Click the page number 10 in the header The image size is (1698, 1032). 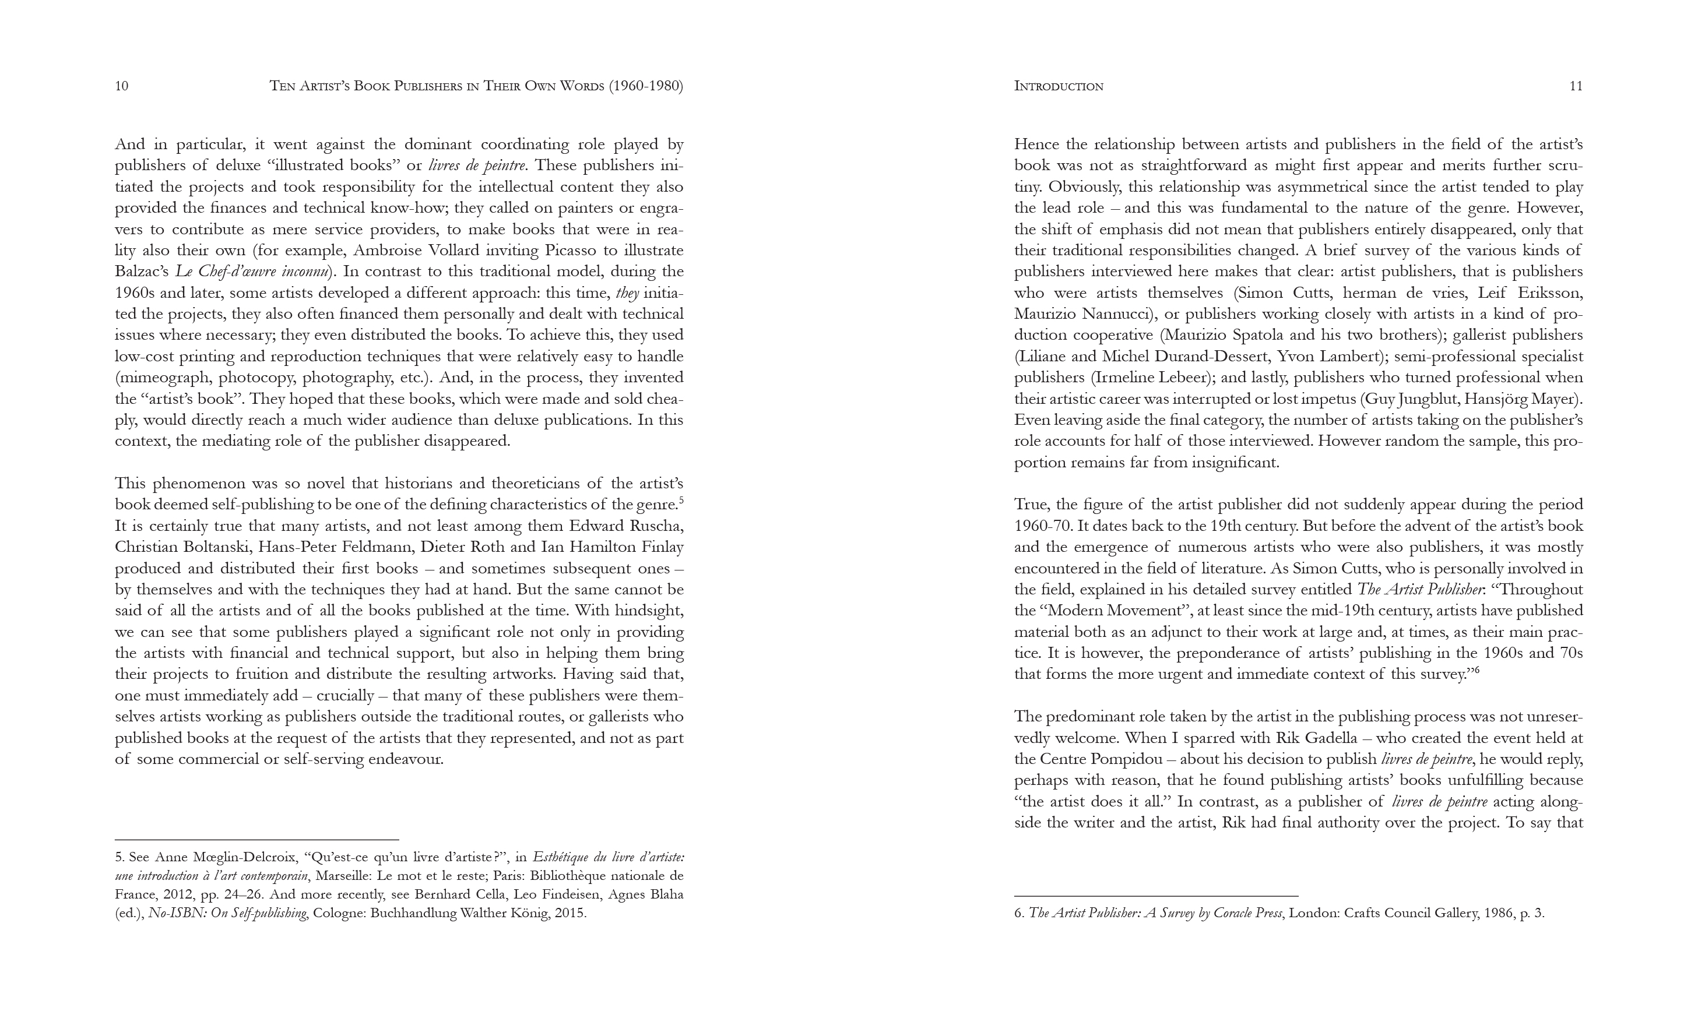click(121, 86)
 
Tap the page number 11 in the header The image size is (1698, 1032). click(1576, 86)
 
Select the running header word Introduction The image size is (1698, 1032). click(1059, 86)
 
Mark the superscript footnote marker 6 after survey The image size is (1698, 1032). click(1477, 670)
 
